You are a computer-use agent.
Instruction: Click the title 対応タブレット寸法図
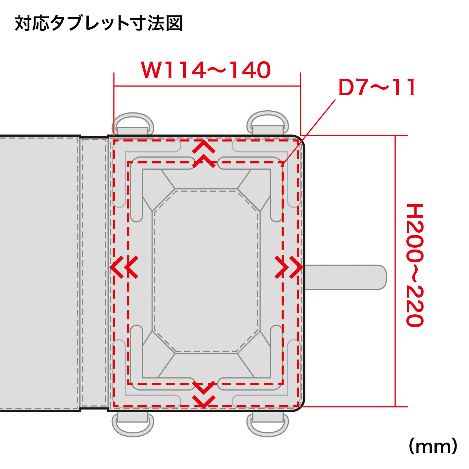pyautogui.click(x=98, y=24)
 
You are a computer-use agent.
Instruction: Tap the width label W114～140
pyautogui.click(x=206, y=70)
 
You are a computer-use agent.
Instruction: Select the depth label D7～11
pyautogui.click(x=377, y=87)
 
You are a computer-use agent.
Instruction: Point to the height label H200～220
pyautogui.click(x=415, y=265)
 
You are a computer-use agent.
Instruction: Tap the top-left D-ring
pyautogui.click(x=133, y=124)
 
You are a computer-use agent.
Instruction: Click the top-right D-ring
pyautogui.click(x=268, y=123)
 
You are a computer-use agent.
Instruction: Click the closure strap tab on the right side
pyautogui.click(x=346, y=277)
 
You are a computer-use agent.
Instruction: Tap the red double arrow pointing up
pyautogui.click(x=204, y=155)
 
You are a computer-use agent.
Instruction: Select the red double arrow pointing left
pyautogui.click(x=124, y=267)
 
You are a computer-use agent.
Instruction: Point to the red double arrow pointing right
pyautogui.click(x=289, y=267)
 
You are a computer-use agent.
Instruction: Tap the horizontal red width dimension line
pyautogui.click(x=207, y=86)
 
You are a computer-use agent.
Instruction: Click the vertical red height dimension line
pyautogui.click(x=395, y=271)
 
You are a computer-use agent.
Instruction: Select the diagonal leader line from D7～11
pyautogui.click(x=309, y=133)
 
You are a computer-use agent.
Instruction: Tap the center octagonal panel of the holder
pyautogui.click(x=206, y=270)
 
